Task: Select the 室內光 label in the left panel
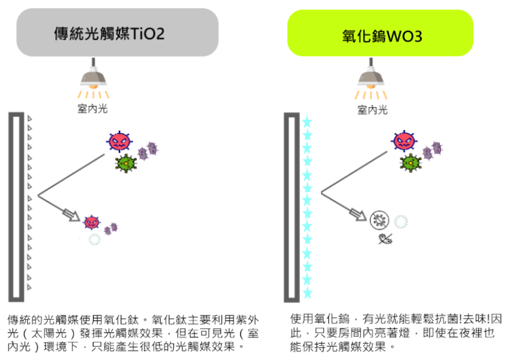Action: click(93, 109)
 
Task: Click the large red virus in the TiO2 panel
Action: click(119, 142)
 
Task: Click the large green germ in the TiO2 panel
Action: click(126, 163)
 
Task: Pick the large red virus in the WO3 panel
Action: click(404, 140)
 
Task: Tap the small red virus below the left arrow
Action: click(91, 222)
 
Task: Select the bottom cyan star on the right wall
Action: click(307, 293)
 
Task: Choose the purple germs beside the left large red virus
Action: click(148, 150)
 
